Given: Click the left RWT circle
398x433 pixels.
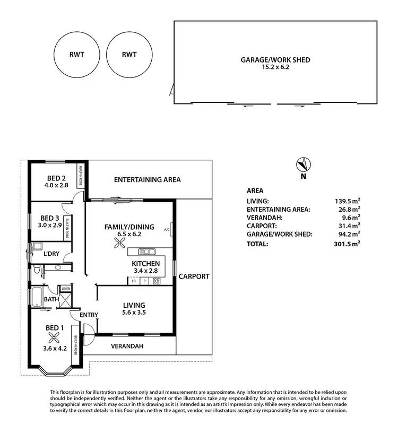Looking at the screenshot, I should point(77,54).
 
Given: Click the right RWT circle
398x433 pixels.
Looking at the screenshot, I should point(129,54).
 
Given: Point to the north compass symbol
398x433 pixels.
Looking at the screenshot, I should point(303,165).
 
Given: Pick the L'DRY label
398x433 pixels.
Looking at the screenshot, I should point(52,254).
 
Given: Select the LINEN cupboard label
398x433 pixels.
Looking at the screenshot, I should point(66,289).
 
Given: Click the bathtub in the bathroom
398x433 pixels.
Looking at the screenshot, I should point(38,297).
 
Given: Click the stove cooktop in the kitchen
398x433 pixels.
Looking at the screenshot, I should point(157,281).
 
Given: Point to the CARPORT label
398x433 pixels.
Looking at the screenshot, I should point(194,276).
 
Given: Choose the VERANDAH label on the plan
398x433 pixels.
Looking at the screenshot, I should point(127,347).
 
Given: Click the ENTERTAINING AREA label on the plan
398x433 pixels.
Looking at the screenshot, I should point(148,179).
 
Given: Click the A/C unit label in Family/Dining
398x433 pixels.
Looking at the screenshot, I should point(166,230).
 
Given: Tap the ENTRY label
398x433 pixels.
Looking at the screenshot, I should point(89,315).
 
